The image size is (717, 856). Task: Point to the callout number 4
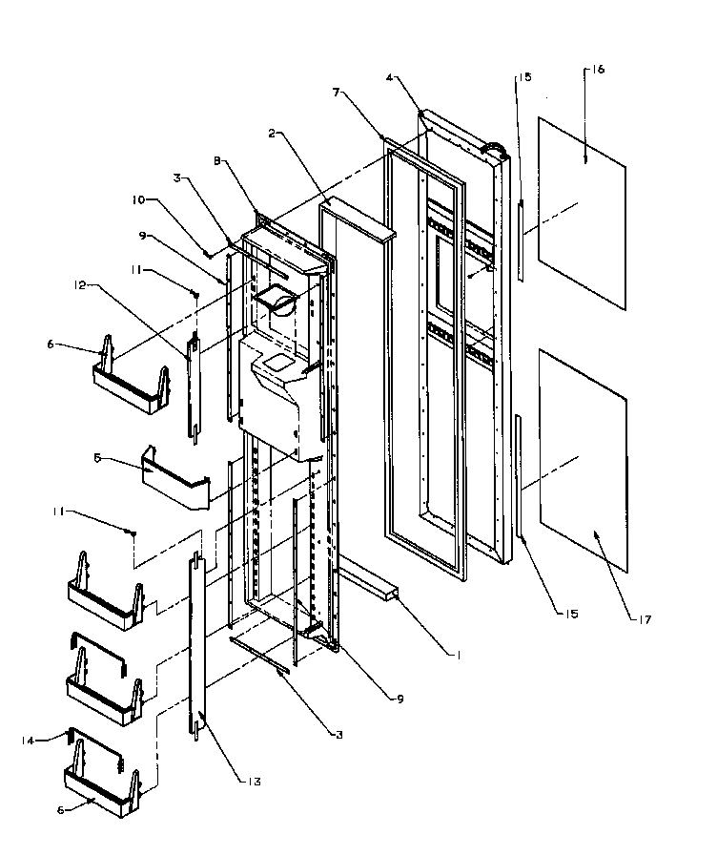391,75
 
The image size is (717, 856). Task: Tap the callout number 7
336,93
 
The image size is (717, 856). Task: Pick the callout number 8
219,162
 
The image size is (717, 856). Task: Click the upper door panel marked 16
582,215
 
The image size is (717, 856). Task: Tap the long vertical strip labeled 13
200,649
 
